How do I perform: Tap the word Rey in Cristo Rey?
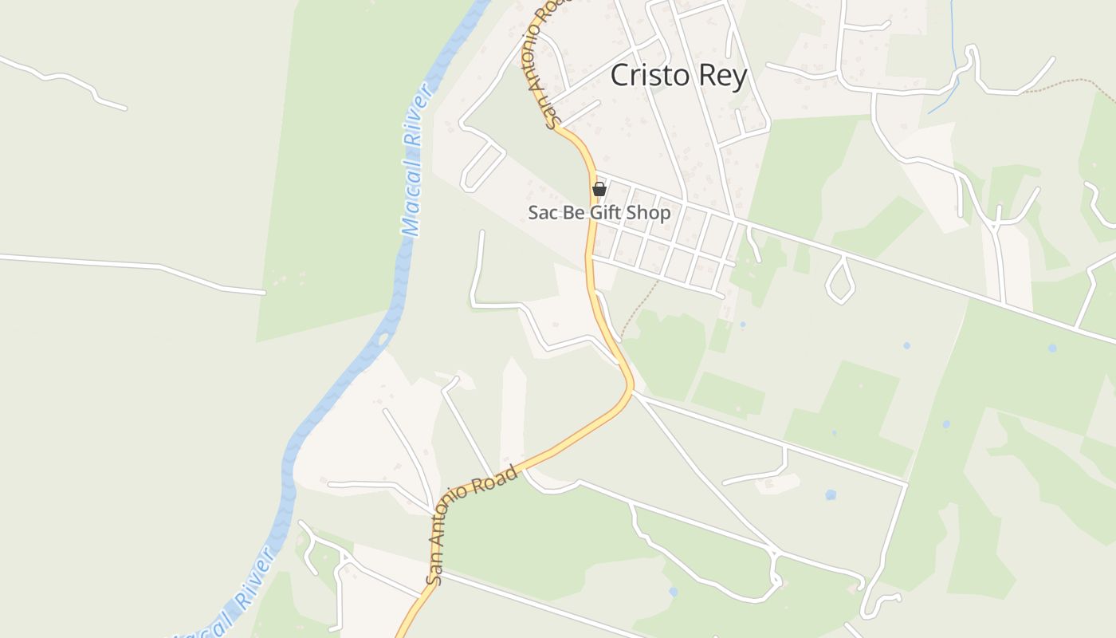pos(721,77)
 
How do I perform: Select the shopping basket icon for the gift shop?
pos(599,190)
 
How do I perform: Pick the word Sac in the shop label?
pos(542,213)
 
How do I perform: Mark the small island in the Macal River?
pos(383,339)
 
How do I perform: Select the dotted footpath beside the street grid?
pos(638,307)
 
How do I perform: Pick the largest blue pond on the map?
pos(831,494)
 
